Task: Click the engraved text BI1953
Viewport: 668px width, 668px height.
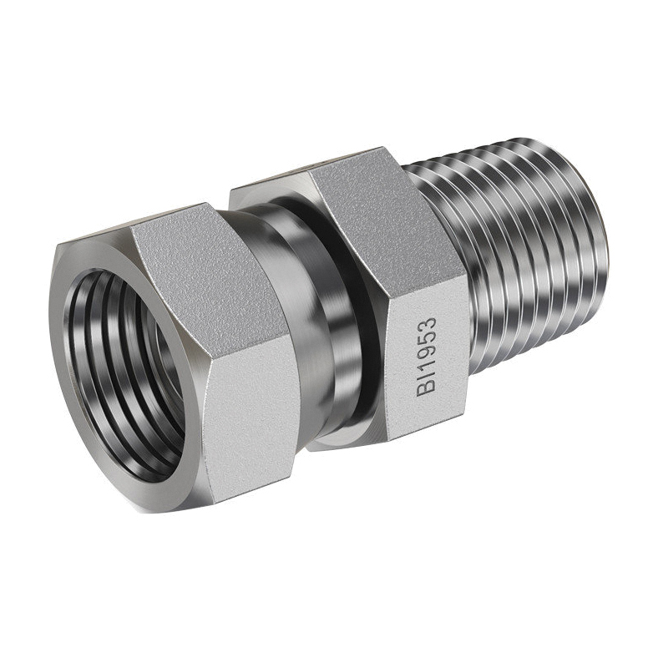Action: (427, 357)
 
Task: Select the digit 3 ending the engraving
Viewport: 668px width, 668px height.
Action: (427, 324)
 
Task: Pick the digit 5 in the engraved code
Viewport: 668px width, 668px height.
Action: (427, 341)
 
